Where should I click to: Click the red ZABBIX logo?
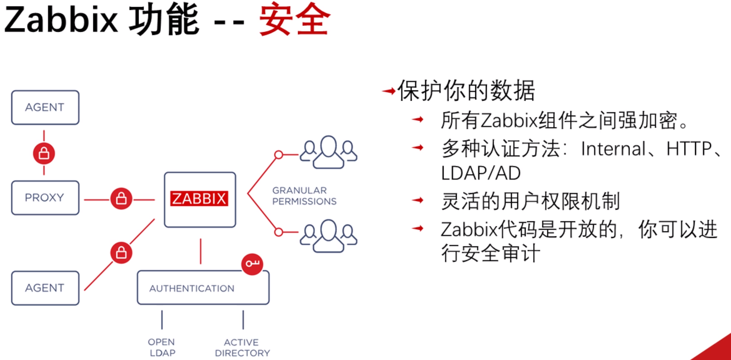coord(199,199)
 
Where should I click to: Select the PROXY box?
coord(45,198)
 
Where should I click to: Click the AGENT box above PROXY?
coord(45,107)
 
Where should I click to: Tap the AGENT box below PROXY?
coord(45,288)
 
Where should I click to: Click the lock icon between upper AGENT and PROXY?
coord(44,154)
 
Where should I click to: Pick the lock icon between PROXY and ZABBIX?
coord(121,199)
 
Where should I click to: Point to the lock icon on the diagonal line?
coord(121,253)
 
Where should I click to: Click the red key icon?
coord(252,264)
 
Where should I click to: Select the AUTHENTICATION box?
coord(203,288)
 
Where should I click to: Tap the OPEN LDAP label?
coord(162,347)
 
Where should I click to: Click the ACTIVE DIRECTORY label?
coord(242,347)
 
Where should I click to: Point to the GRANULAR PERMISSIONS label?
coord(304,196)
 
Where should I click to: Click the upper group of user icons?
coord(329,152)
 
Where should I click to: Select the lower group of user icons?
coord(329,236)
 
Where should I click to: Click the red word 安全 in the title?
coord(294,20)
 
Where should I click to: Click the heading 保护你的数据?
coord(466,91)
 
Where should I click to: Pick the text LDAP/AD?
coord(481,173)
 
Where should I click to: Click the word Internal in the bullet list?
coord(613,149)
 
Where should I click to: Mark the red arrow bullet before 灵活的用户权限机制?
coord(417,200)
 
